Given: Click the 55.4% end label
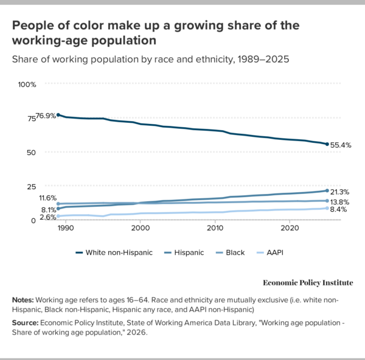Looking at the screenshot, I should [341, 145].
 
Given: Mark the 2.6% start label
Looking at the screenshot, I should [47, 216].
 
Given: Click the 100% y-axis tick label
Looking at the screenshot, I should [27, 84].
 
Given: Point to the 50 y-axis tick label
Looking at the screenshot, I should [32, 152].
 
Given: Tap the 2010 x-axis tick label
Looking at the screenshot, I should [215, 228].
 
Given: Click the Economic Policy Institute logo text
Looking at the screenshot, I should [307, 283].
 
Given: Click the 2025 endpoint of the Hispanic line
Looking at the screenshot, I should [327, 191].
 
